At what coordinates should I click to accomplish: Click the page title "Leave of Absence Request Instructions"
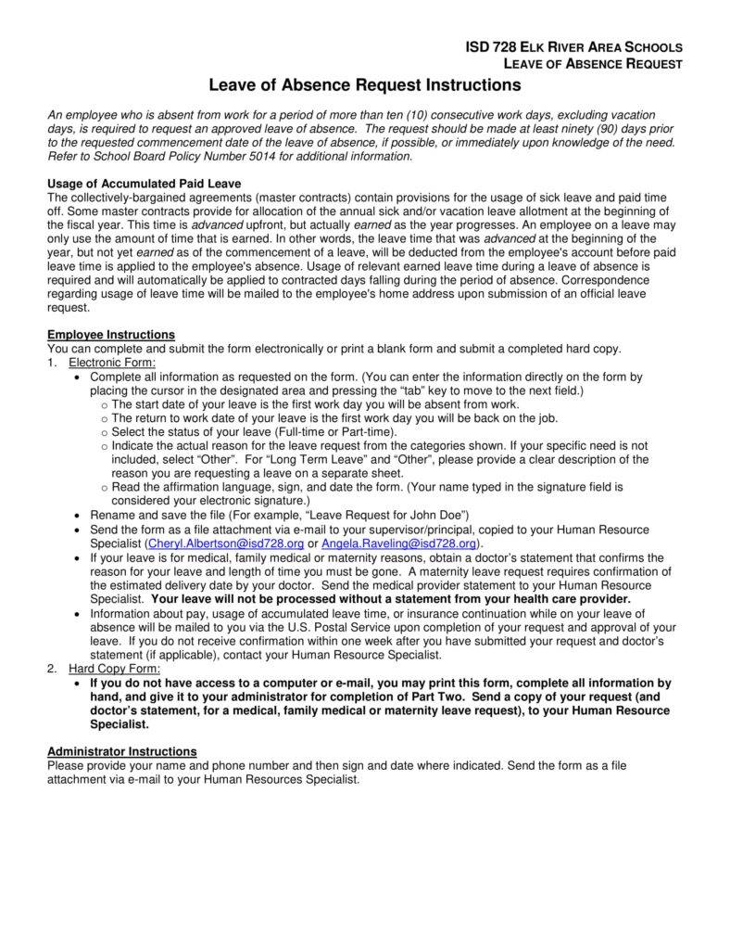click(365, 85)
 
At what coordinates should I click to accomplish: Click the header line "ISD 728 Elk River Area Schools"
click(573, 46)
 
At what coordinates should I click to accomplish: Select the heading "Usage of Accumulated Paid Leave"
click(144, 184)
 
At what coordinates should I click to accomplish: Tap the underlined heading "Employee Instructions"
click(110, 335)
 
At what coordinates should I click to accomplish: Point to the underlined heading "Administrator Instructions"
click(121, 751)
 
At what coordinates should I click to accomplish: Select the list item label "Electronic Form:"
click(111, 363)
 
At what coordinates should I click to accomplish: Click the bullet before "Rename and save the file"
click(75, 515)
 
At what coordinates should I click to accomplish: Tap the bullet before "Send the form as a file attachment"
click(75, 530)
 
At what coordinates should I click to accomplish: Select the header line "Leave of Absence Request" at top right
click(592, 64)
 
